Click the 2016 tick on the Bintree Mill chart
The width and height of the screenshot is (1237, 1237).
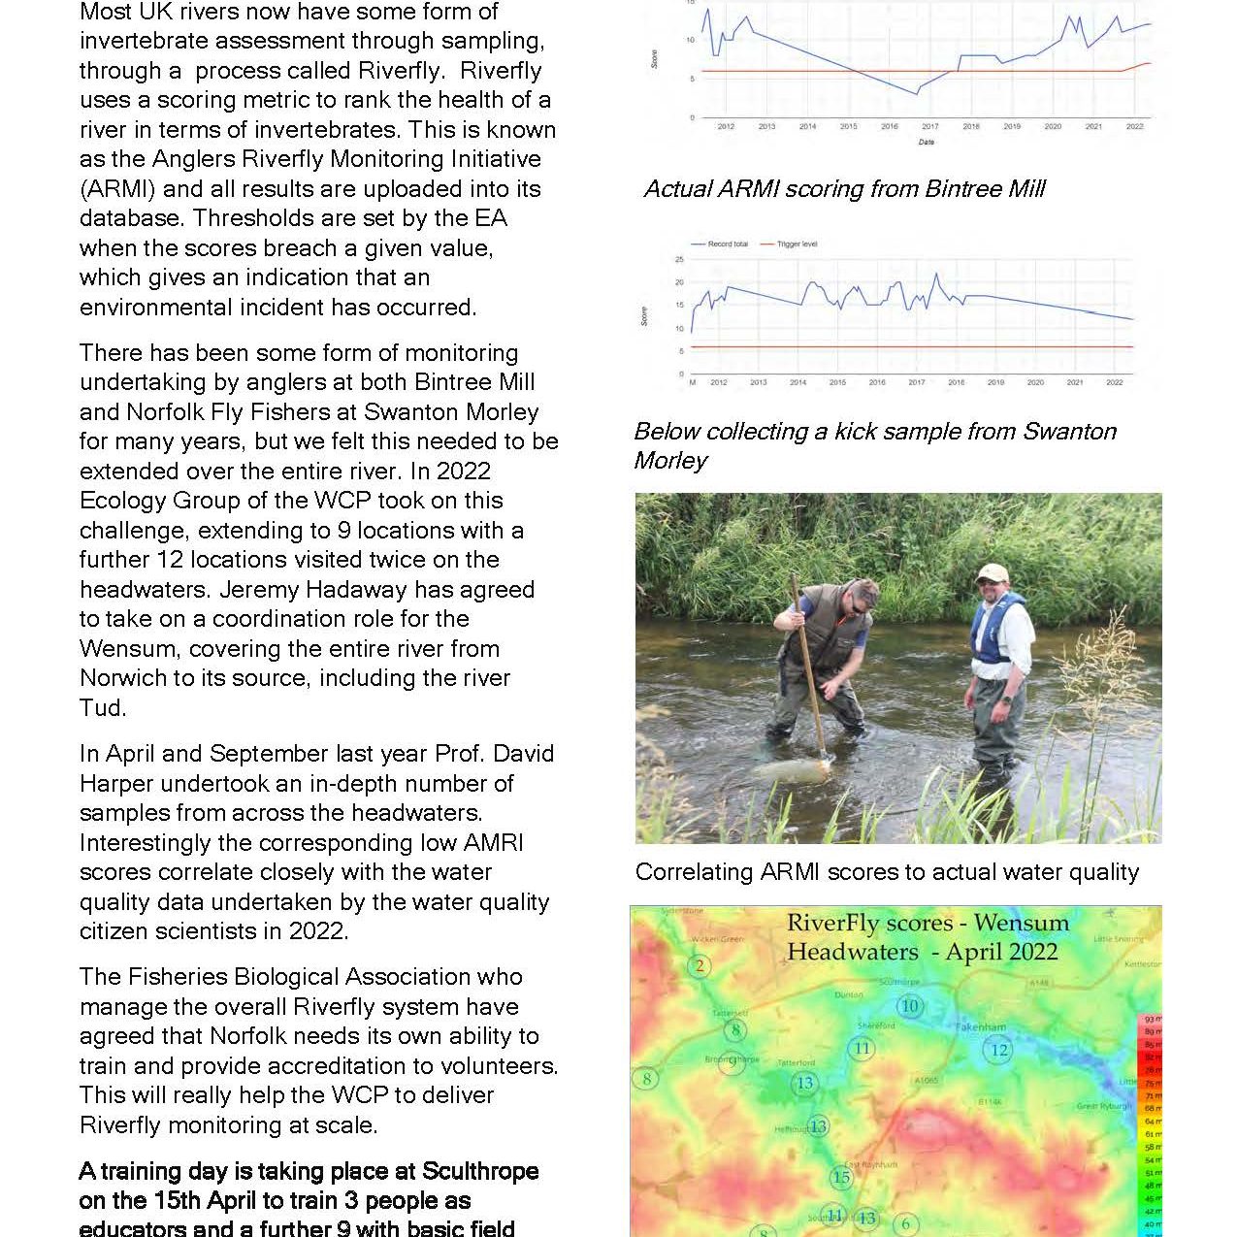pyautogui.click(x=889, y=126)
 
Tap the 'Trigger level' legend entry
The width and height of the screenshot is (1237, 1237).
pyautogui.click(x=797, y=244)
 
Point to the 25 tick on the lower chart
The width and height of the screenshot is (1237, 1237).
pyautogui.click(x=679, y=260)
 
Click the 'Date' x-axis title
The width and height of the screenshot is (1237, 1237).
pyautogui.click(x=927, y=143)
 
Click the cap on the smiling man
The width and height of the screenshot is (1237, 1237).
pyautogui.click(x=992, y=571)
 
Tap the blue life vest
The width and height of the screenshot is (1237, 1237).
pyautogui.click(x=995, y=631)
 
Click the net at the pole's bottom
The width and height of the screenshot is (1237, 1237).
pyautogui.click(x=796, y=769)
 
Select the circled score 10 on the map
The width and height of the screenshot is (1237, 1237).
pyautogui.click(x=909, y=1005)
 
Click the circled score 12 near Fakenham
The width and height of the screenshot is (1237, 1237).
pyautogui.click(x=998, y=1049)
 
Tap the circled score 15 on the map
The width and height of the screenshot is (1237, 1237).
pyautogui.click(x=841, y=1177)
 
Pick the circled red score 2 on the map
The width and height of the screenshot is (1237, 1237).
pyautogui.click(x=700, y=965)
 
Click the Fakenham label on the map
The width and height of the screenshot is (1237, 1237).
pyautogui.click(x=981, y=1026)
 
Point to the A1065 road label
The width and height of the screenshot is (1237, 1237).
pyautogui.click(x=927, y=1080)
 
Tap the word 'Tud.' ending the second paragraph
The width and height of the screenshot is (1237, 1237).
pyautogui.click(x=103, y=707)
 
